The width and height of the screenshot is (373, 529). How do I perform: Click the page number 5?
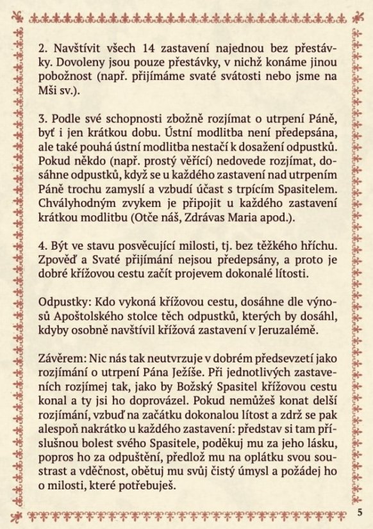tap(360, 511)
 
